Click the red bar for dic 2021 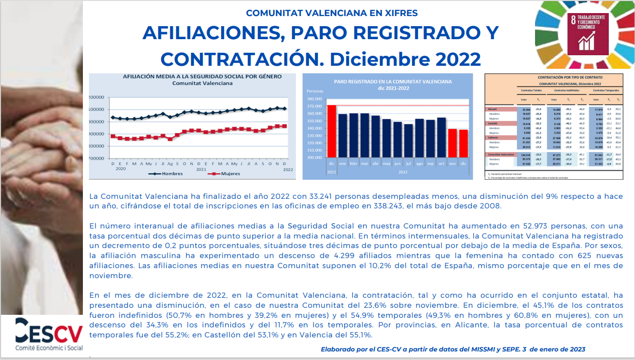point(332,132)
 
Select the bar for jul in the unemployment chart point(408,141)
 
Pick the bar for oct point(442,138)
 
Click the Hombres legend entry point(171,174)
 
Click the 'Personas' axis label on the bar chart point(314,91)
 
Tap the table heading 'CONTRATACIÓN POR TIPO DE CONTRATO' point(556,77)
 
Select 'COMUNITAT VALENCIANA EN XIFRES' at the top point(332,13)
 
